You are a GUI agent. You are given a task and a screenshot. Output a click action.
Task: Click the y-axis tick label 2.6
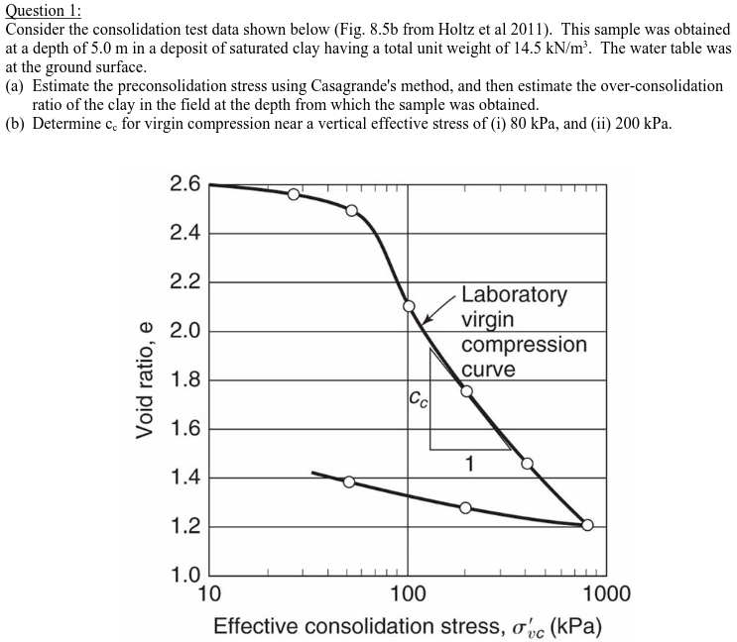(185, 184)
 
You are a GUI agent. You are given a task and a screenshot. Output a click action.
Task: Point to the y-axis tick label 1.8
(185, 380)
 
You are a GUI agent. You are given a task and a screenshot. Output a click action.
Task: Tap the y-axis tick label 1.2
(185, 527)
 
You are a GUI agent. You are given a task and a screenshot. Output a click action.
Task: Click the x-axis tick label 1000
(604, 594)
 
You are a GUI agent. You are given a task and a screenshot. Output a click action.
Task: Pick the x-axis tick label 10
(210, 594)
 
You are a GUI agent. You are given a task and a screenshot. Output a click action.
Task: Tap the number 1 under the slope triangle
(470, 463)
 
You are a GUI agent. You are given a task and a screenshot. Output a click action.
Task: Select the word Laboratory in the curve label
(514, 294)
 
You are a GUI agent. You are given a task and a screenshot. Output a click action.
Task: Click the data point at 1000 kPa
(587, 525)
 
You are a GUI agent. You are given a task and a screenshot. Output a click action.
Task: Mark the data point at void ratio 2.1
(409, 306)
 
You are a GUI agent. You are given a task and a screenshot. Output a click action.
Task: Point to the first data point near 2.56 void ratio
(294, 194)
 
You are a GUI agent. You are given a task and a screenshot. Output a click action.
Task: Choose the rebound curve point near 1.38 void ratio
(349, 481)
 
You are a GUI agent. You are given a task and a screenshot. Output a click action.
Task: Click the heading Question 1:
(44, 10)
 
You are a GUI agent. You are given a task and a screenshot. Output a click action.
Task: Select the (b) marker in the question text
(15, 124)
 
